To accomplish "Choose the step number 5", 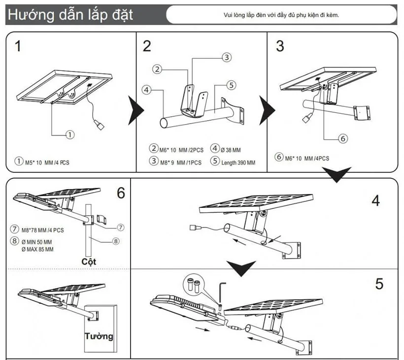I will coord(379,284).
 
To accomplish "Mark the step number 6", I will coord(121,194).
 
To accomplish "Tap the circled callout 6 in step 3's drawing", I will coord(343,138).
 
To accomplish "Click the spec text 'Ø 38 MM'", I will coord(231,149).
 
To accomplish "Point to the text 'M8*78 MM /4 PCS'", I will coord(43,229).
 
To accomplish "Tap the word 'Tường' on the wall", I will coord(98,337).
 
